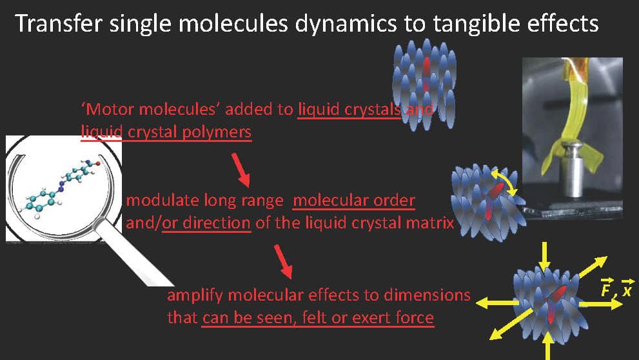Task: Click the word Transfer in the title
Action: click(x=58, y=24)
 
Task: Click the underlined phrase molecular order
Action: click(x=354, y=201)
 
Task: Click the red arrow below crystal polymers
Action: click(x=241, y=170)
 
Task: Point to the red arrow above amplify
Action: click(x=283, y=262)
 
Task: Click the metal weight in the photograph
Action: click(x=573, y=170)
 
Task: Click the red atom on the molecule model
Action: click(x=98, y=163)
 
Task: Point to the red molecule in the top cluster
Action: click(x=426, y=74)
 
